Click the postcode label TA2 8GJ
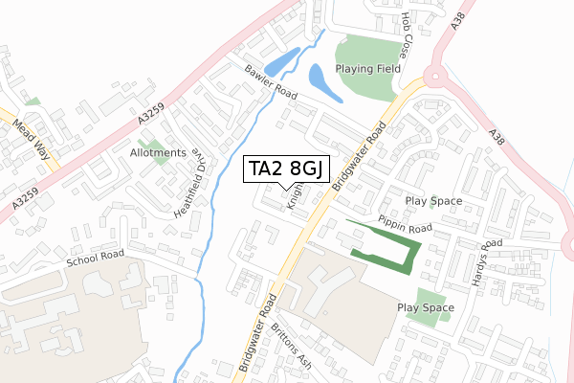286,169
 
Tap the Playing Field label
367,69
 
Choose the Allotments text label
159,153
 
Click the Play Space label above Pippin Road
433,201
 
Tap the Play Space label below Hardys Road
425,307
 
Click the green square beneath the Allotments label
158,171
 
